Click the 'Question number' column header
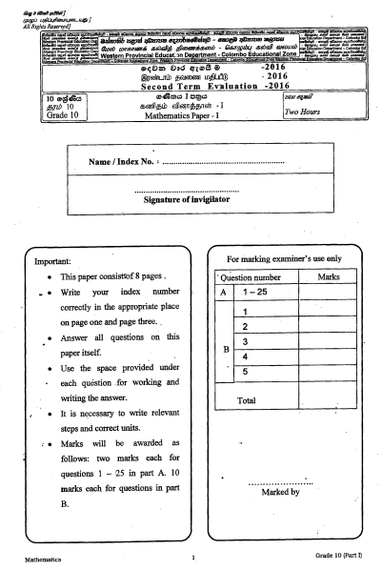click(x=251, y=277)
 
